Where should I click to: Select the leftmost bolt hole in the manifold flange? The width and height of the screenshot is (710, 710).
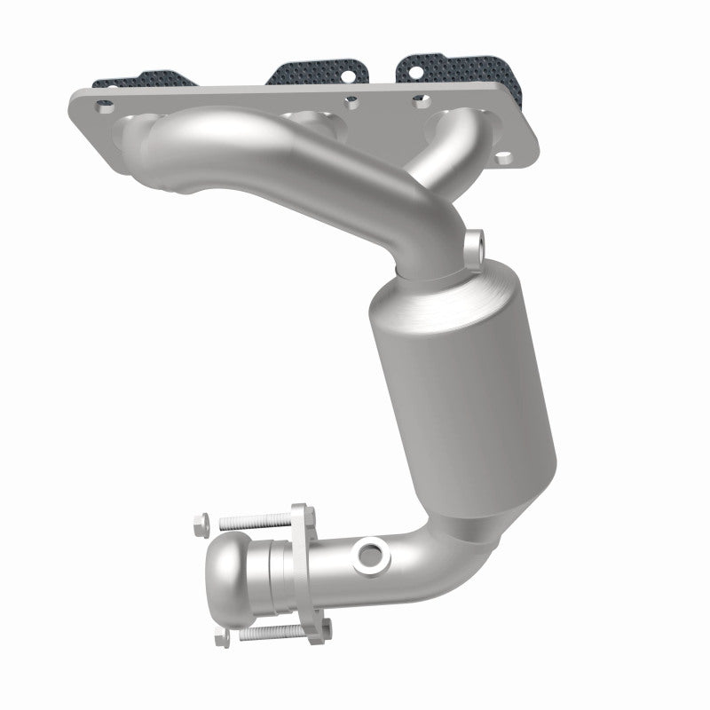(x=106, y=106)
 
